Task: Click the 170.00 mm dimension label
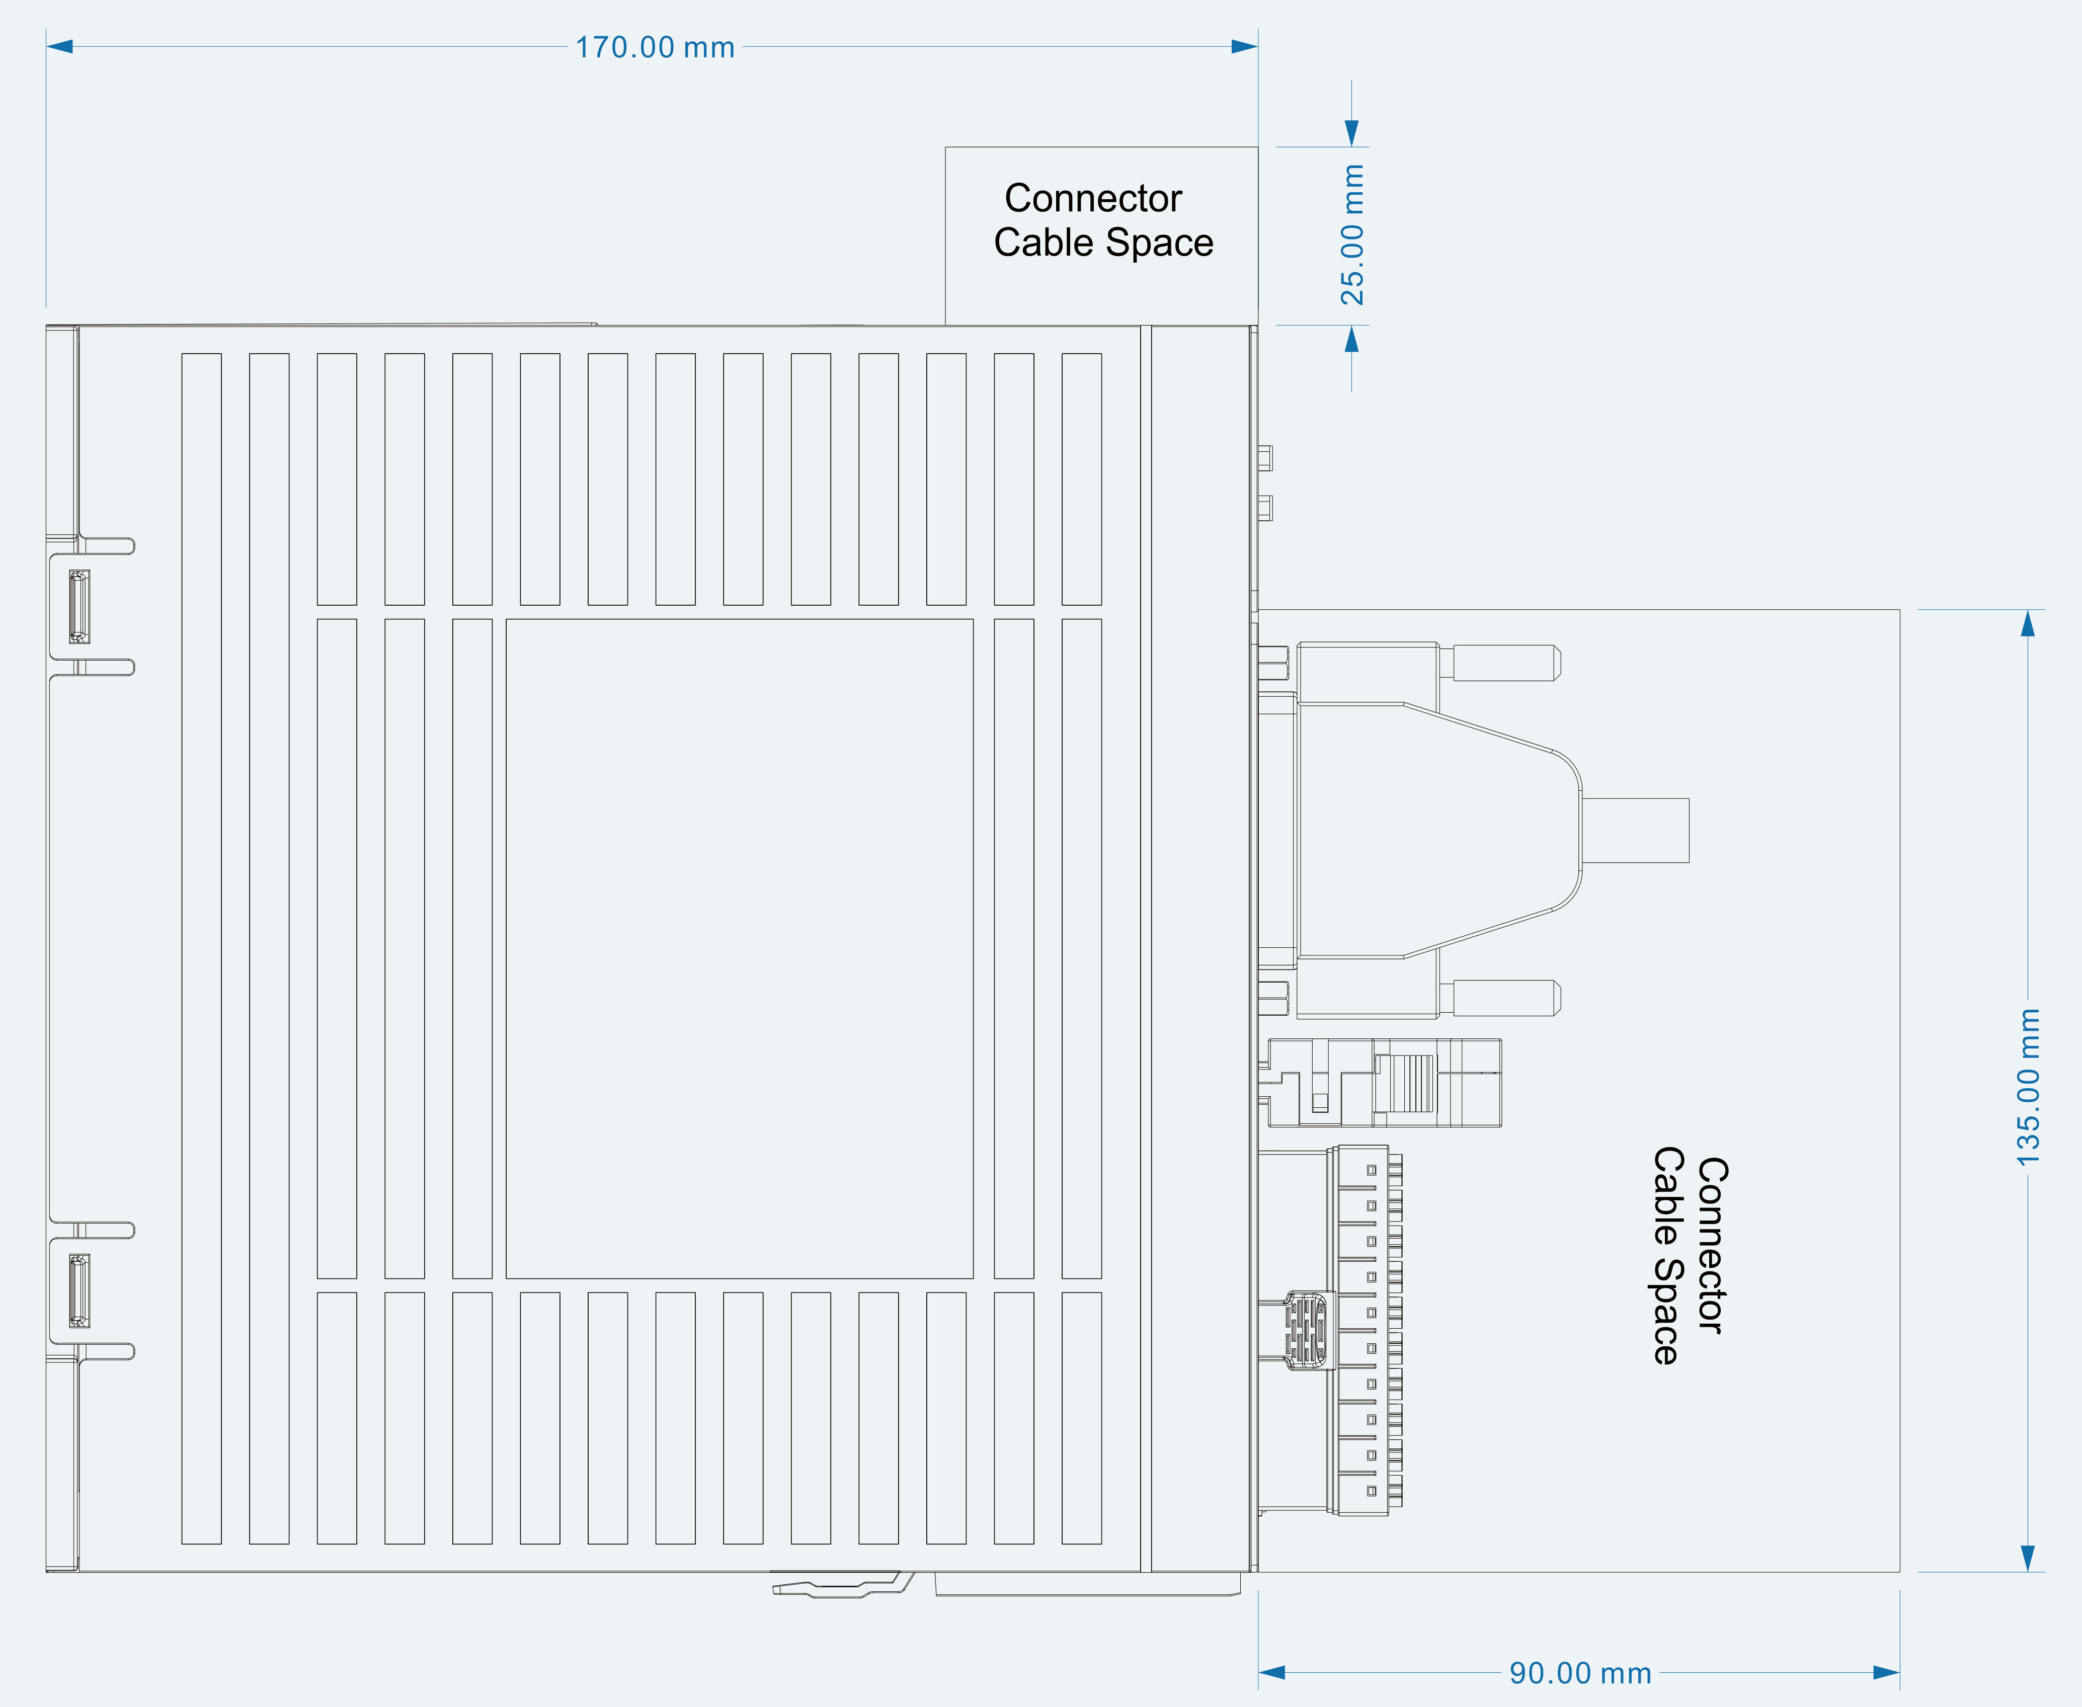pos(655,47)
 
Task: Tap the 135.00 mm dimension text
pos(2028,1087)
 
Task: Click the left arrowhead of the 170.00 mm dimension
pos(59,46)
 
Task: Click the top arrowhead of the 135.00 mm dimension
pos(2027,623)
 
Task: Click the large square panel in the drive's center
pos(740,949)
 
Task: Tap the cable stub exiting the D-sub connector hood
pos(1636,831)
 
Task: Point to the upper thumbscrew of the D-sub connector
pos(1500,663)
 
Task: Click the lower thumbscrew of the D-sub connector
pos(1500,998)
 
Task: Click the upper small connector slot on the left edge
pos(79,607)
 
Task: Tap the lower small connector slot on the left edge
pos(79,1291)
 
